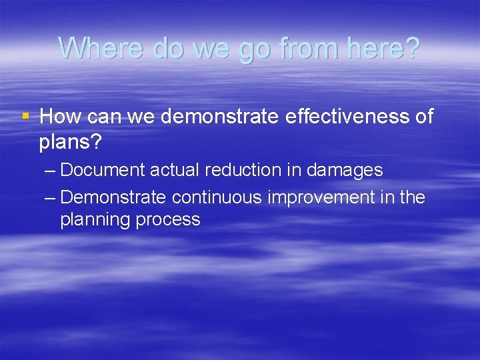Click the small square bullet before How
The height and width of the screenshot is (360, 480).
pos(26,117)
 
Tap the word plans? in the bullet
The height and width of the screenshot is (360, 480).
pos(66,141)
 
